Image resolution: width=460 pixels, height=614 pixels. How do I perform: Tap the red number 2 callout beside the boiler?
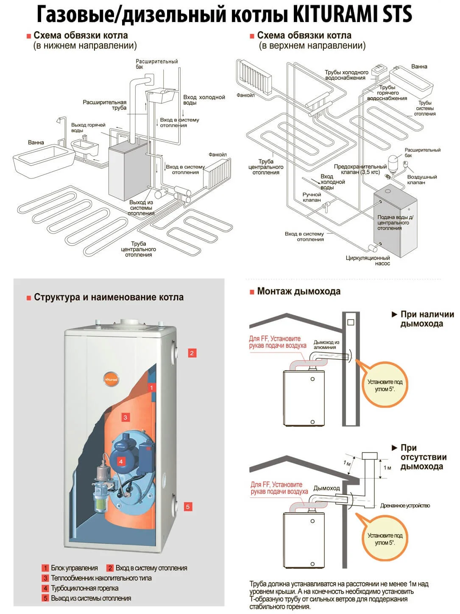pyautogui.click(x=192, y=353)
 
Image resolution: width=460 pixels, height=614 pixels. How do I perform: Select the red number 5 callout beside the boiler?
pyautogui.click(x=188, y=506)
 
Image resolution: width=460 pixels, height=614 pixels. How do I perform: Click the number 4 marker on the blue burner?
pyautogui.click(x=121, y=461)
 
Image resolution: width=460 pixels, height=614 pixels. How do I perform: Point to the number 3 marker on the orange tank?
pyautogui.click(x=125, y=417)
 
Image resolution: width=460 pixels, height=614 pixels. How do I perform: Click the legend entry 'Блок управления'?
pyautogui.click(x=74, y=568)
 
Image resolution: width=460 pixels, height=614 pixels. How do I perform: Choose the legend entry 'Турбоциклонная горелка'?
pyautogui.click(x=84, y=588)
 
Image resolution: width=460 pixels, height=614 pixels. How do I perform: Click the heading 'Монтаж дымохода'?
pyautogui.click(x=298, y=292)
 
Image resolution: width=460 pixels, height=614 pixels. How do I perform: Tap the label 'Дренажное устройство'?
pyautogui.click(x=405, y=506)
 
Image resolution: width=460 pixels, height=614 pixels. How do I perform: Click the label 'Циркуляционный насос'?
pyautogui.click(x=368, y=261)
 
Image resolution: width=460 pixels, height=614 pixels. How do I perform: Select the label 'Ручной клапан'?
pyautogui.click(x=312, y=197)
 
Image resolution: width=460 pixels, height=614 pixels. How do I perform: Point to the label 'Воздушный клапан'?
pyautogui.click(x=422, y=180)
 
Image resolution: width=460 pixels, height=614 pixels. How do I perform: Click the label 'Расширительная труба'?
pyautogui.click(x=105, y=105)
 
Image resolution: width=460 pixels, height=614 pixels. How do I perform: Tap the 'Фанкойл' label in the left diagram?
pyautogui.click(x=217, y=155)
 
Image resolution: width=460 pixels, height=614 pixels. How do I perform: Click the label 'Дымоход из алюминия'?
pyautogui.click(x=326, y=345)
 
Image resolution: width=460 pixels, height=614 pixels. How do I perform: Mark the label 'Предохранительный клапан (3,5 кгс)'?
pyautogui.click(x=360, y=169)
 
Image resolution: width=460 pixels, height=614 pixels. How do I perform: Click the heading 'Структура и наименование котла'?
pyautogui.click(x=109, y=297)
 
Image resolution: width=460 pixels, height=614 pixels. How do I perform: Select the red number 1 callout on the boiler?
pyautogui.click(x=151, y=387)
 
